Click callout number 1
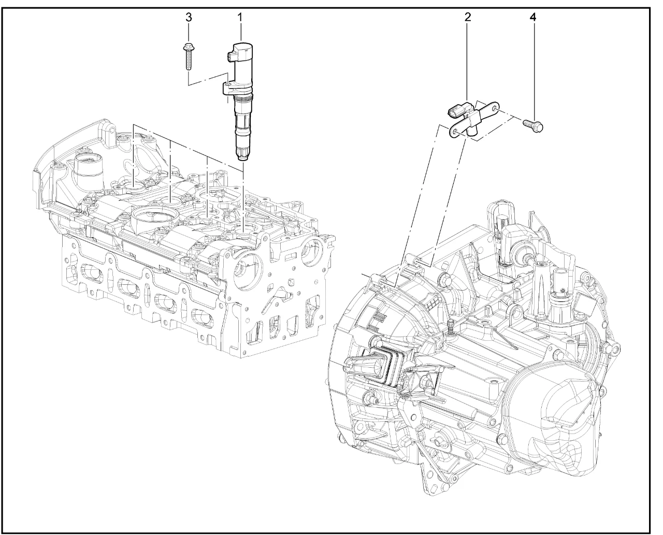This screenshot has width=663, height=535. tap(240, 17)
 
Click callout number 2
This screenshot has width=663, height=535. tap(468, 17)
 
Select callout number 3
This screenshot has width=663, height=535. tap(189, 17)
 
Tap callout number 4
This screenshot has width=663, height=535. tap(533, 17)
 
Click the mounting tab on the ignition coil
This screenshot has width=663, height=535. tap(228, 88)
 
